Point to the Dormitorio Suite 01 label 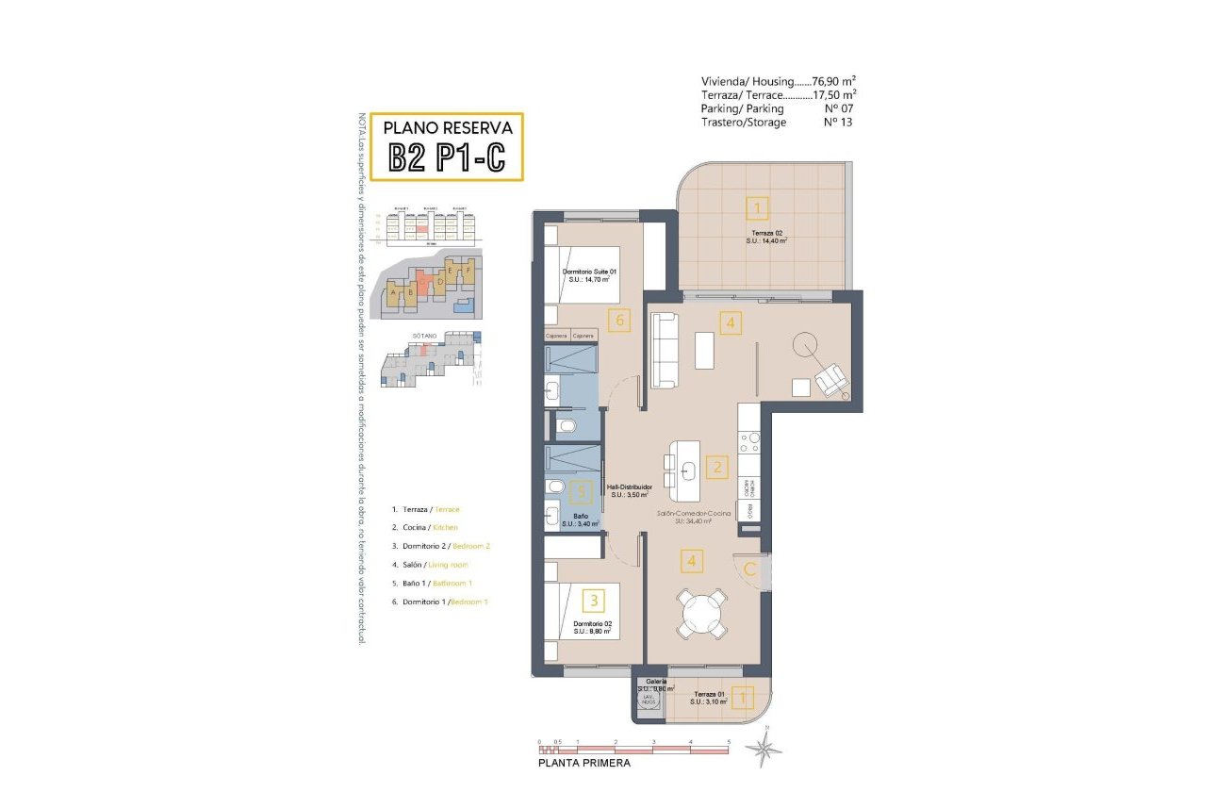pyautogui.click(x=585, y=275)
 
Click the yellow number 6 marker pyautogui.click(x=618, y=320)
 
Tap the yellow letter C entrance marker pyautogui.click(x=750, y=569)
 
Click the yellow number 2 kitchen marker pyautogui.click(x=717, y=466)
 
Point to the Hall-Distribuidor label pyautogui.click(x=631, y=490)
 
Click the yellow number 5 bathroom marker pyautogui.click(x=583, y=491)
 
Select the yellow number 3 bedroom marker pyautogui.click(x=594, y=599)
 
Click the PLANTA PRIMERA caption pyautogui.click(x=583, y=764)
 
